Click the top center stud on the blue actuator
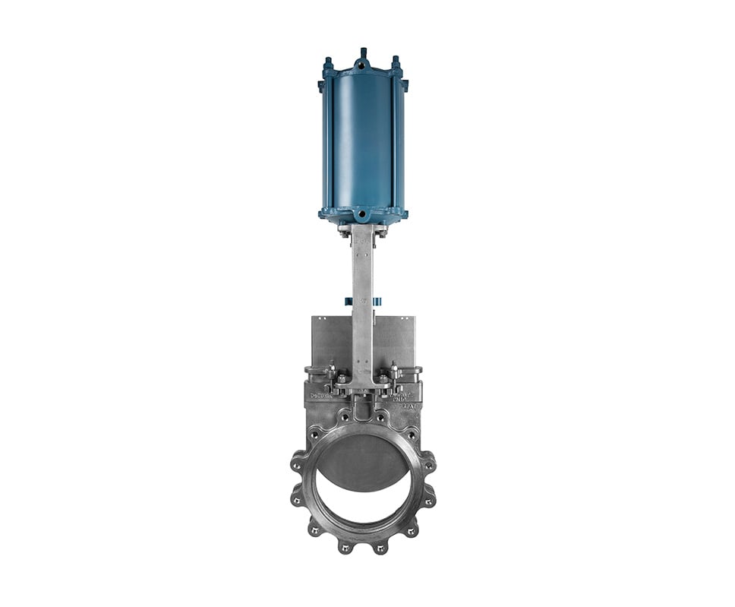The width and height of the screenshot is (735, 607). [x=363, y=53]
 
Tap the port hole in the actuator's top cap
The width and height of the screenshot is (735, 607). [x=363, y=66]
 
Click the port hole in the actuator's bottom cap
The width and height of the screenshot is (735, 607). [x=363, y=215]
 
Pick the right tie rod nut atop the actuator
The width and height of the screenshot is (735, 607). [x=396, y=61]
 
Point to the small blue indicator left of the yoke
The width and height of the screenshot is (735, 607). [x=348, y=301]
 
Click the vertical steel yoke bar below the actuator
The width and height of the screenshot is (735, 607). [x=363, y=289]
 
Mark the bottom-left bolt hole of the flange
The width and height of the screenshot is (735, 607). [x=313, y=530]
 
